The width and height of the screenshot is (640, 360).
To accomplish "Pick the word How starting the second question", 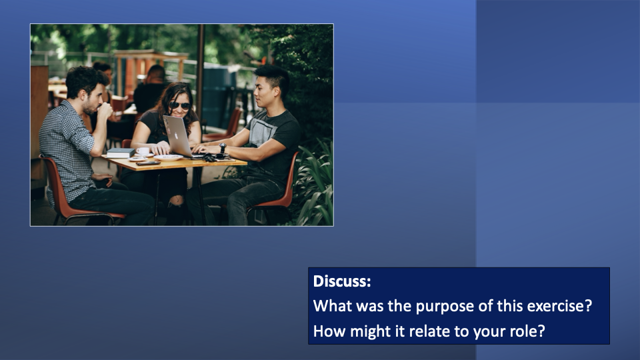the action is [329, 331].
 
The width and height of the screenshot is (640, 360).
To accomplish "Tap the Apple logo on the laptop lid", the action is [176, 135].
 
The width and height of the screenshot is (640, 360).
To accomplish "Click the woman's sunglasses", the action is [179, 106].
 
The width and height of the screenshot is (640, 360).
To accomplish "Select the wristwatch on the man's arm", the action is [223, 148].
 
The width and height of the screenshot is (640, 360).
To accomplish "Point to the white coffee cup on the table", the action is [143, 151].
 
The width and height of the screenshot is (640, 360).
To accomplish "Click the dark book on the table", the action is [121, 153].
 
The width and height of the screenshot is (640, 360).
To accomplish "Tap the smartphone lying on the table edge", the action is [148, 163].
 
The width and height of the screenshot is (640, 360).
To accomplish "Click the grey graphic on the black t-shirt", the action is [261, 131].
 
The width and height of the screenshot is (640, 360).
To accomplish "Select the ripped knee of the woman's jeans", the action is [176, 201].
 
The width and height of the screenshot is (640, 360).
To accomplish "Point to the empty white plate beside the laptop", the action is [168, 157].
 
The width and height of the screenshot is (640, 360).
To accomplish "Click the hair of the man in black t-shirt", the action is [272, 75].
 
